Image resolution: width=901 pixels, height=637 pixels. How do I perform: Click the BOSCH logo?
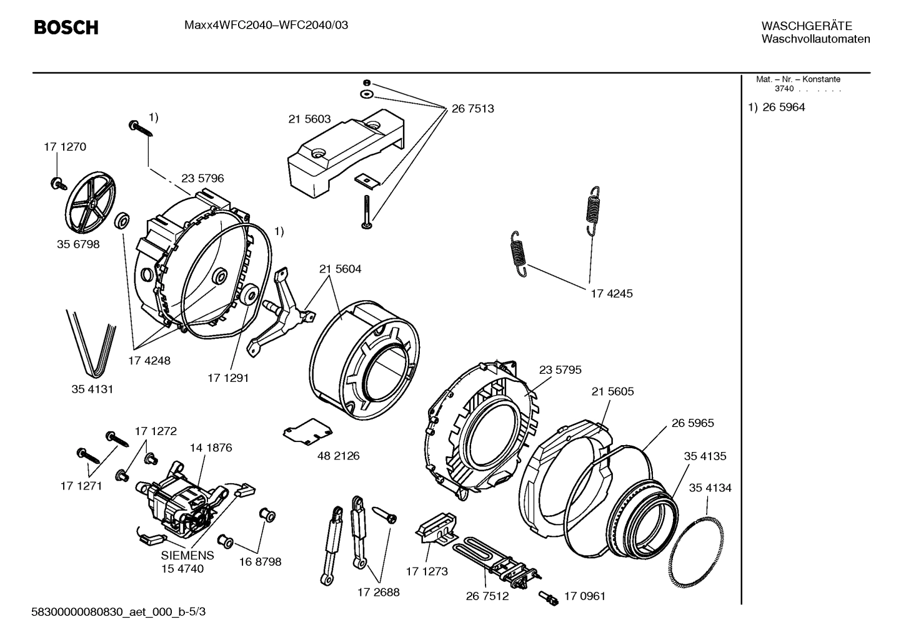(66, 28)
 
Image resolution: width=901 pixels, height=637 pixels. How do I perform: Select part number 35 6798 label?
(78, 244)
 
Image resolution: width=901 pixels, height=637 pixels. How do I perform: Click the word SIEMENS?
(187, 555)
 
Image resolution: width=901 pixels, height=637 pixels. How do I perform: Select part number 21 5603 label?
(309, 119)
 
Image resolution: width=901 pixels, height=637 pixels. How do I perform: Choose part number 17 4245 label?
(612, 293)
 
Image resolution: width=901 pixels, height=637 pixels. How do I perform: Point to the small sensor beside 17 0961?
(549, 598)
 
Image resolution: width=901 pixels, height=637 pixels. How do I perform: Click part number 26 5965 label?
(692, 423)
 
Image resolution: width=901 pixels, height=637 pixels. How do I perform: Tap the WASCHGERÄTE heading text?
(807, 26)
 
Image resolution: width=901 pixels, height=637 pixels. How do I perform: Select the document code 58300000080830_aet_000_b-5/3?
(118, 611)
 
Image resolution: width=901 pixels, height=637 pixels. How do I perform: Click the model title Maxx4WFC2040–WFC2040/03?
(266, 25)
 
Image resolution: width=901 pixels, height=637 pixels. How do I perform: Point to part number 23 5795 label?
(560, 369)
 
